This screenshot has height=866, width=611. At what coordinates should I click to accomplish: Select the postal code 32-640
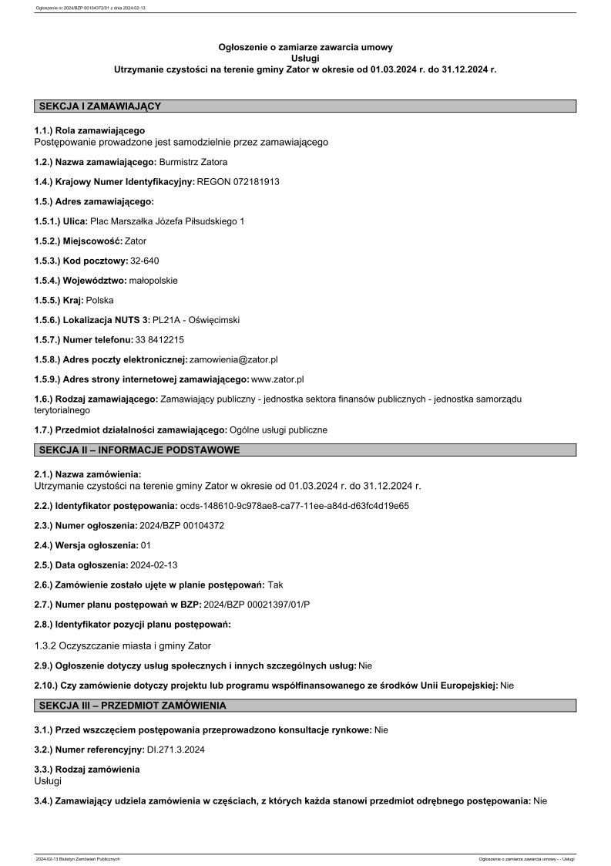145,261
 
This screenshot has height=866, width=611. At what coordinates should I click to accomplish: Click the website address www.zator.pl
277,379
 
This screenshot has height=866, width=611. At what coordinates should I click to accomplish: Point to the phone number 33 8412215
159,339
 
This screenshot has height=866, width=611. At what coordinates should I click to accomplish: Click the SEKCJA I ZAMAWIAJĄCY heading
99,106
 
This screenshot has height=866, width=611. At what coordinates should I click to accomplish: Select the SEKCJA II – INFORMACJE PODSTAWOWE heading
139,450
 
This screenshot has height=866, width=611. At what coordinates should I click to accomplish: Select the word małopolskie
153,280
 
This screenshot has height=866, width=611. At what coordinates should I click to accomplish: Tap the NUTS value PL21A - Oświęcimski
196,319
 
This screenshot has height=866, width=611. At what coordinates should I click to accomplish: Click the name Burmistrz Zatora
193,162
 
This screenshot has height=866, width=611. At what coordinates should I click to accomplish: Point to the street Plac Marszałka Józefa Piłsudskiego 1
167,221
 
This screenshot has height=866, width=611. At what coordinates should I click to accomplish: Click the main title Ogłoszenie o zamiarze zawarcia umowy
305,48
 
